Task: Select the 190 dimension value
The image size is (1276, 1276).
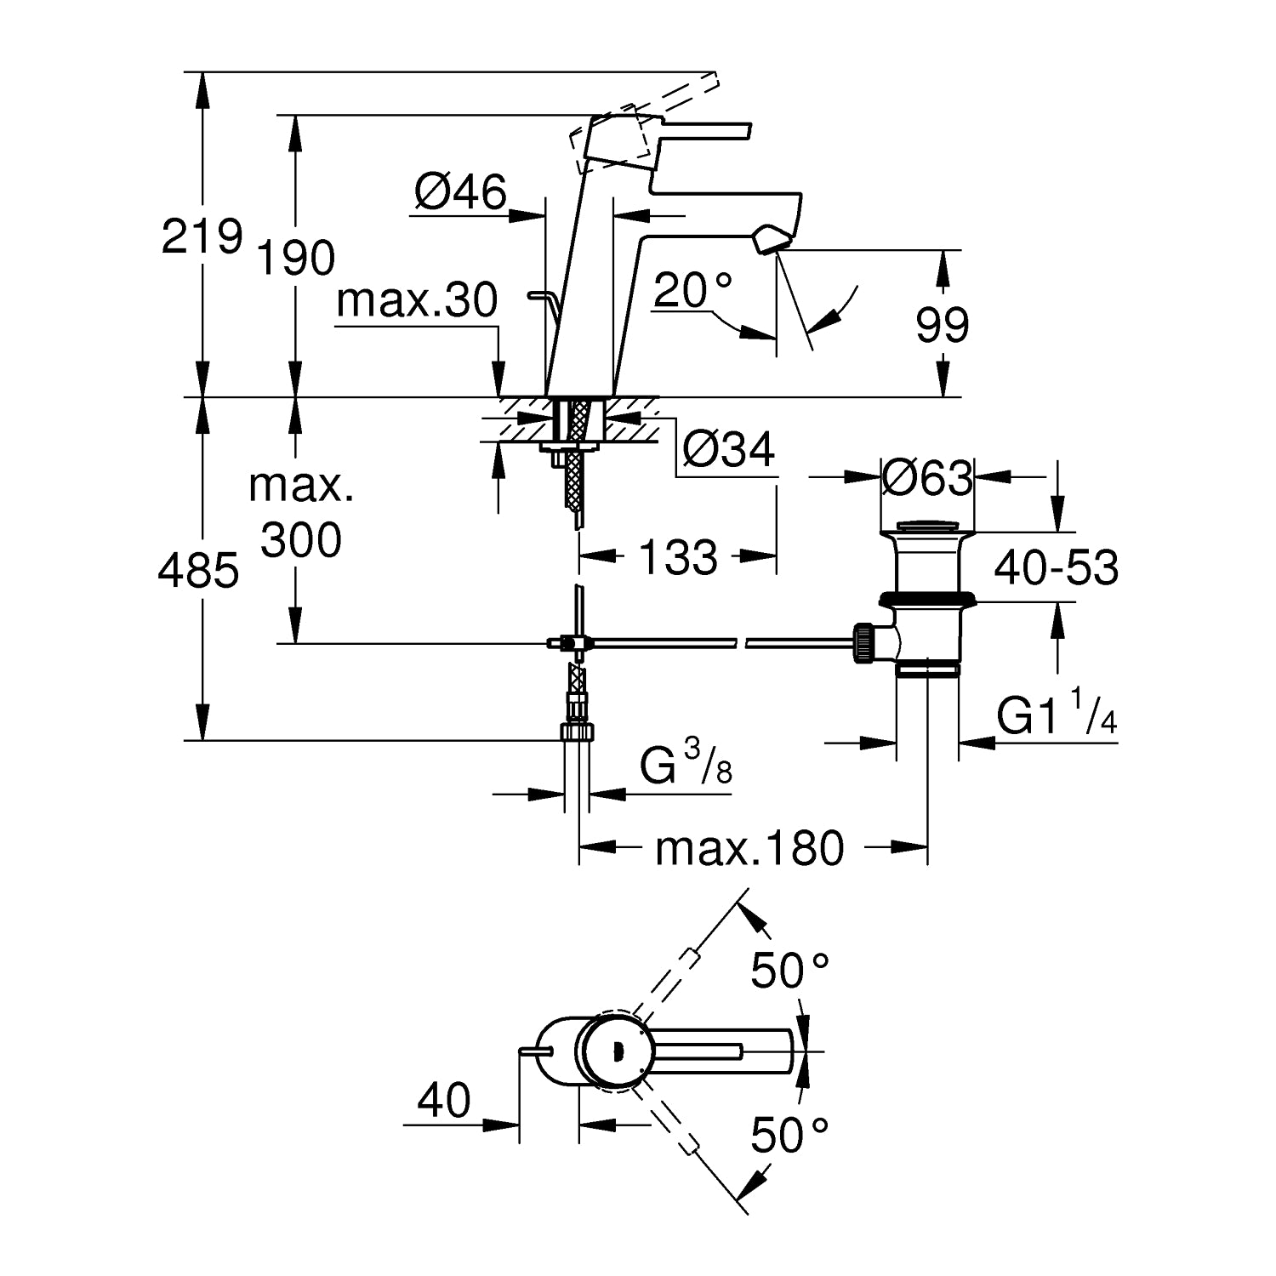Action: (x=297, y=258)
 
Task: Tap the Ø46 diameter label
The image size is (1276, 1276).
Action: (x=460, y=192)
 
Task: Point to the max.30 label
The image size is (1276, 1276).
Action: (x=417, y=302)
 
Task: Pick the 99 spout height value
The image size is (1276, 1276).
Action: (x=943, y=325)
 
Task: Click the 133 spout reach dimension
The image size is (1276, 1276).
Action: (x=678, y=558)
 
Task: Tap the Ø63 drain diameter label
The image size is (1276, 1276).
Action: (x=926, y=478)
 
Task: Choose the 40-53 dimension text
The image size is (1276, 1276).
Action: (x=1057, y=567)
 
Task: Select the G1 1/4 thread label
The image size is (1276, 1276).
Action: (x=1057, y=713)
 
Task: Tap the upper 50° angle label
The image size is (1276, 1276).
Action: (x=789, y=971)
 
